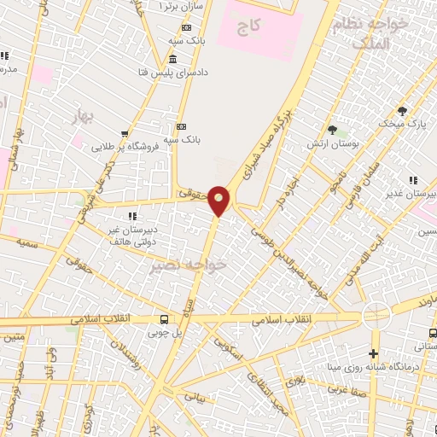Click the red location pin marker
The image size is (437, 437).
pos(219,201)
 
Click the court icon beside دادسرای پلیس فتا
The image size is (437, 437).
pos(173,59)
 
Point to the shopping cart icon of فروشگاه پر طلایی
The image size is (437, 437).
pos(125,133)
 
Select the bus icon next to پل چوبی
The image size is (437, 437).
pos(163,319)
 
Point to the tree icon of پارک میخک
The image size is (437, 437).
pos(402,110)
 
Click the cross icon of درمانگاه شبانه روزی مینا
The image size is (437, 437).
pos(373,353)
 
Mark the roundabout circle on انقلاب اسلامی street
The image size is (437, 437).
pos(376,315)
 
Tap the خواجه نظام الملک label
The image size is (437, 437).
pos(369,34)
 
